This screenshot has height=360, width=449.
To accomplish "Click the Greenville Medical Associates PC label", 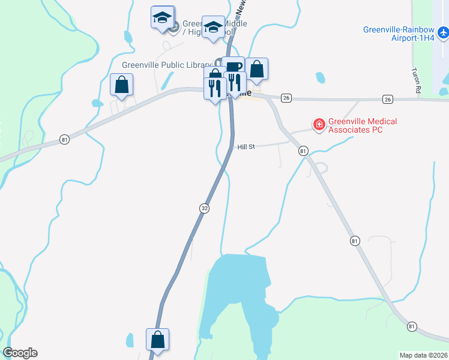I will pyautogui.click(x=355, y=125).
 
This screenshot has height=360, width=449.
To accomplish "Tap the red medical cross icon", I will pyautogui.click(x=319, y=125).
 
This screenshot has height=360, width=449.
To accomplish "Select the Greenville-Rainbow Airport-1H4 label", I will pyautogui.click(x=398, y=34).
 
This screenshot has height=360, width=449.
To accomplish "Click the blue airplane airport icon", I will pyautogui.click(x=443, y=31).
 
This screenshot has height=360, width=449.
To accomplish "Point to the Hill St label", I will pyautogui.click(x=246, y=146).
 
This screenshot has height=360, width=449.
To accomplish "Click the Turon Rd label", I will pyautogui.click(x=415, y=79).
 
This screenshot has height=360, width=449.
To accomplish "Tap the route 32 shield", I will pyautogui.click(x=205, y=208).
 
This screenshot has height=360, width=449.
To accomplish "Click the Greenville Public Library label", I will pyautogui.click(x=166, y=65).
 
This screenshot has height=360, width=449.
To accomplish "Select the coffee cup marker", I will pyautogui.click(x=233, y=67).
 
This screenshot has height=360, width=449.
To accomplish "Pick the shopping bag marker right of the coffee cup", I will pyautogui.click(x=256, y=69).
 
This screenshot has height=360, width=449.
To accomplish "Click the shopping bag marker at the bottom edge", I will pyautogui.click(x=157, y=339).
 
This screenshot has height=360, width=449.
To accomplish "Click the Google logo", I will pyautogui.click(x=20, y=353).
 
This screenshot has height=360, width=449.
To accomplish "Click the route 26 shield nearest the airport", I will pyautogui.click(x=387, y=99).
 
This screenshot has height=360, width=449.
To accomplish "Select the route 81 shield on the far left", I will pyautogui.click(x=65, y=140).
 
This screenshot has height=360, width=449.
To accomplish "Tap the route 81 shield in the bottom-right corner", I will pyautogui.click(x=411, y=326).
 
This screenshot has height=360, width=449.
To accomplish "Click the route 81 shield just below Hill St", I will pyautogui.click(x=303, y=151).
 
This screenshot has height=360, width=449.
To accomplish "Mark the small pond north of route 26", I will pyautogui.click(x=321, y=77).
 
